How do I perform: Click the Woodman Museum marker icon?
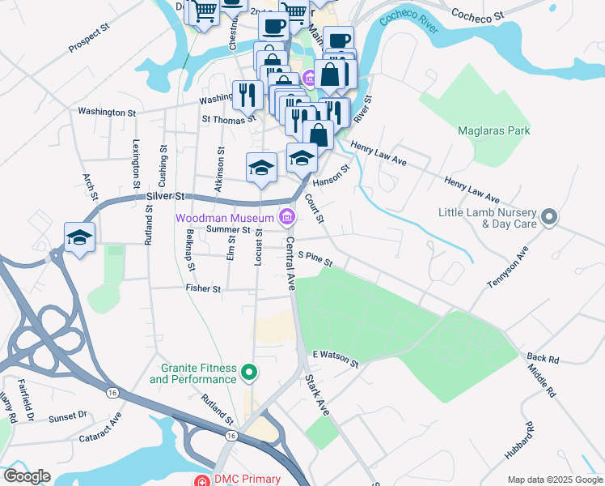click(x=286, y=215)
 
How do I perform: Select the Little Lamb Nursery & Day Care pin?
click(x=549, y=216)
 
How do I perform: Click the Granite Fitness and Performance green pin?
click(x=250, y=373)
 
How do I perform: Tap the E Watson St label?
click(x=335, y=358)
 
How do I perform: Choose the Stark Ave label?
click(x=318, y=394)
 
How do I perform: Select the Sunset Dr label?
click(x=67, y=416)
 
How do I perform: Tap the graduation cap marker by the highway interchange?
click(x=80, y=237)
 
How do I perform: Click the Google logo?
click(x=26, y=476)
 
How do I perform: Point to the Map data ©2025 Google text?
click(x=554, y=480)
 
